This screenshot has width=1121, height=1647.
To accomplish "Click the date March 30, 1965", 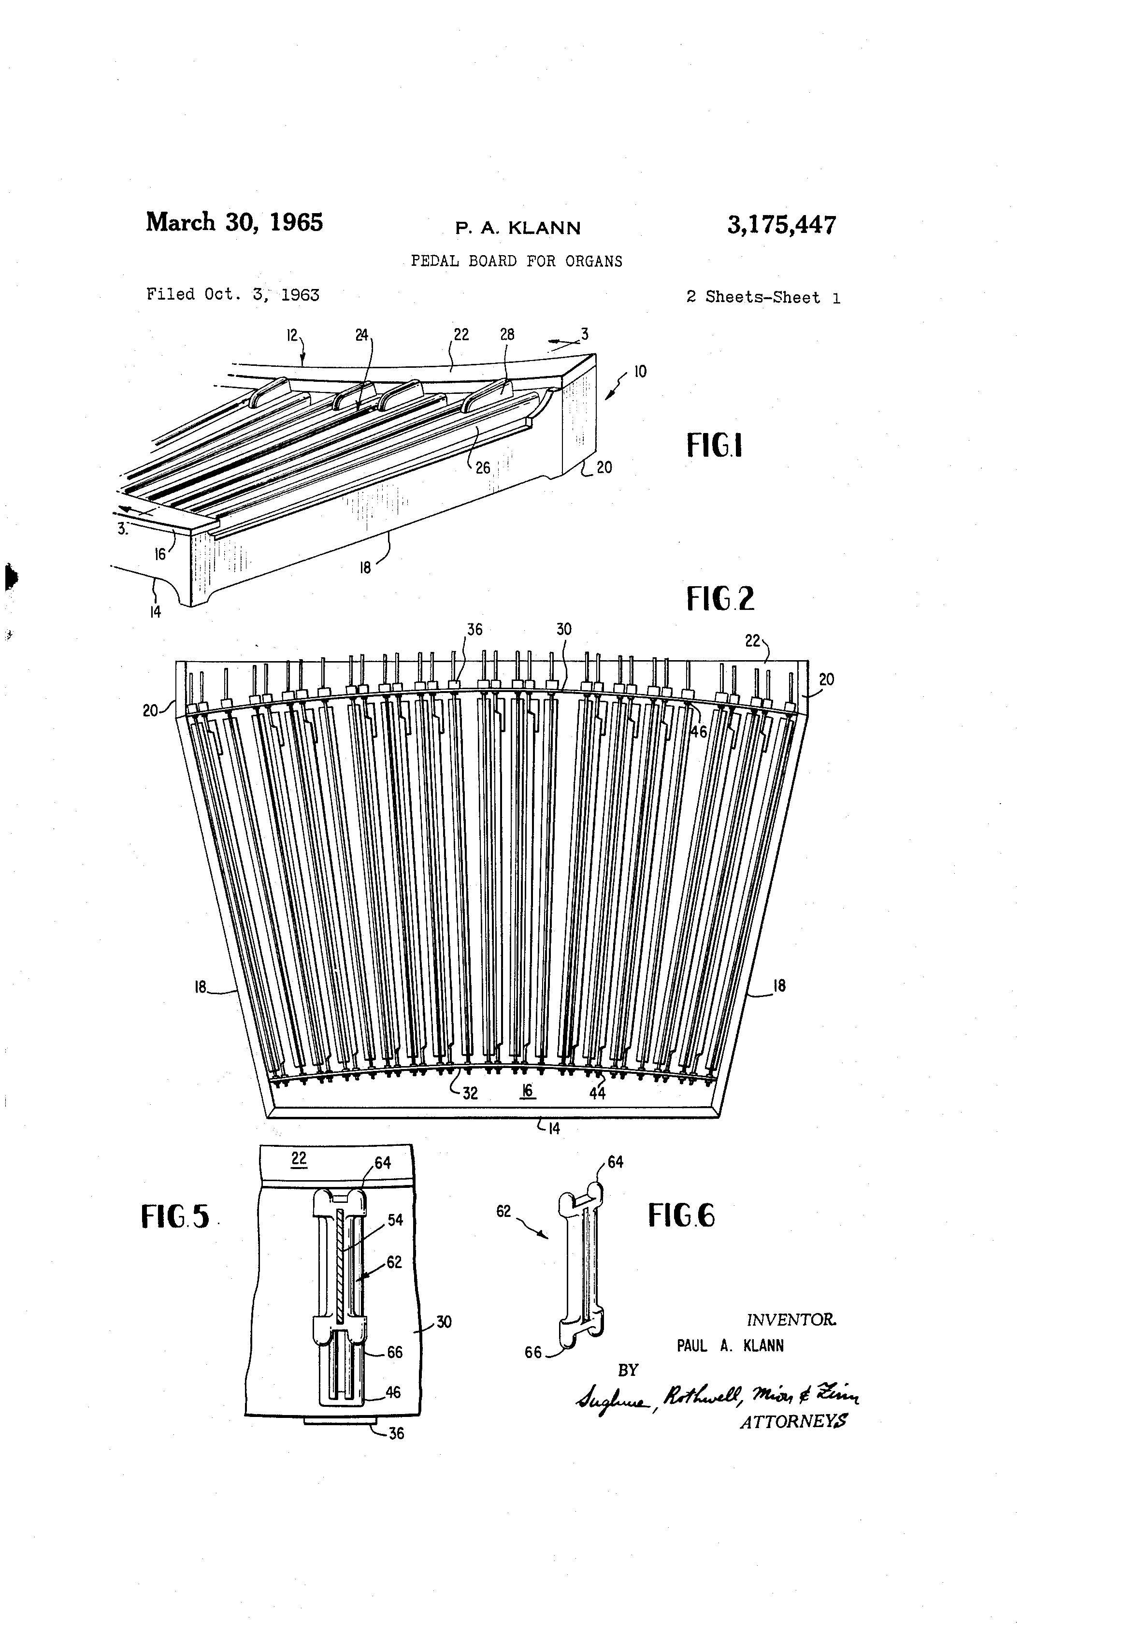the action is tap(234, 222).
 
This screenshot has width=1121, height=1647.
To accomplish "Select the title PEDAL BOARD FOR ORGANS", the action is tap(517, 261).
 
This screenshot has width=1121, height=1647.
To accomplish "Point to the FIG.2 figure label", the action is tap(720, 598).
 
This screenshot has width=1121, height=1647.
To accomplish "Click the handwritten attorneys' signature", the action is tap(717, 1397).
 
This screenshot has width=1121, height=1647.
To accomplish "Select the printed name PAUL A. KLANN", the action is tap(730, 1346).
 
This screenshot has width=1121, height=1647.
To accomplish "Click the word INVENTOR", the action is tap(791, 1320).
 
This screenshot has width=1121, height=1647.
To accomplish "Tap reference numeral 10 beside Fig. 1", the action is tap(640, 371).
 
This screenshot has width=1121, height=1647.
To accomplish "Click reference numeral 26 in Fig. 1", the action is tap(483, 468).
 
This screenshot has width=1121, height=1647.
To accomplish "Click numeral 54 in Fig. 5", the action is tap(395, 1220).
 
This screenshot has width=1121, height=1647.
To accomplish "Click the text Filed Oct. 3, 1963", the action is tap(232, 294).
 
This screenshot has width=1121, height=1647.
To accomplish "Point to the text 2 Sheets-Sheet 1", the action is tap(762, 298).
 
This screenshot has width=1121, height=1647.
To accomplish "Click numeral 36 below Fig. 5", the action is tap(396, 1433).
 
